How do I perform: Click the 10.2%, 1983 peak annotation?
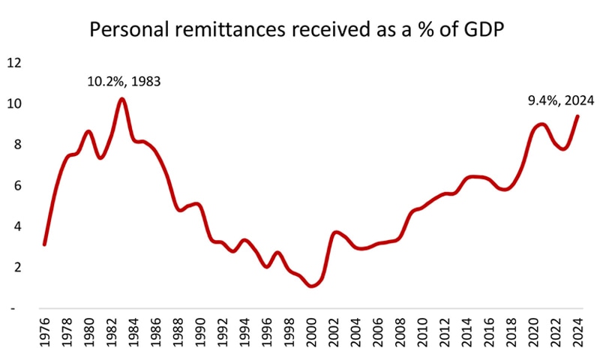pos(124,81)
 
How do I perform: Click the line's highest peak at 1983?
pos(122,99)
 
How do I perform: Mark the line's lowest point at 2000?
pos(312,286)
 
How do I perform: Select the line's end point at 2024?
pos(577,115)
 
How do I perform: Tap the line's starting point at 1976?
pos(45,244)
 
